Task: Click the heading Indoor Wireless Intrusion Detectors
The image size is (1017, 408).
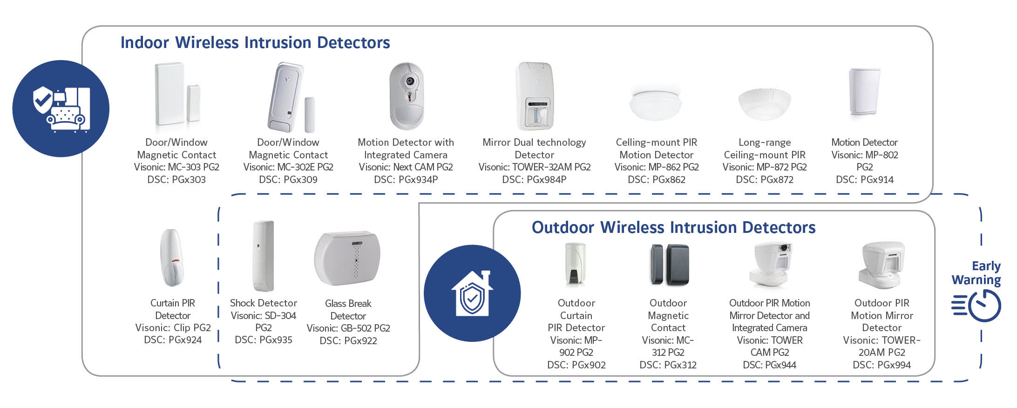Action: point(255,42)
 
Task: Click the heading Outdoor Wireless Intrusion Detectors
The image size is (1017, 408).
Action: point(673,227)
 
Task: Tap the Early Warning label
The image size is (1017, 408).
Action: point(976,273)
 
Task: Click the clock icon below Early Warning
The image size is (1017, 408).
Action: point(976,306)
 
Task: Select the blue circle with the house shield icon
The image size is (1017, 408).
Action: point(472,293)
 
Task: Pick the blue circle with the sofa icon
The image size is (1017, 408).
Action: point(61,109)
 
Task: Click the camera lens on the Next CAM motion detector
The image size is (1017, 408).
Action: point(409,81)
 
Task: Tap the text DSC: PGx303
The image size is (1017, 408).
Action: point(176,179)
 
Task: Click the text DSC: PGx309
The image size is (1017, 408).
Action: point(288,179)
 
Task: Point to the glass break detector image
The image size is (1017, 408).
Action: point(347,258)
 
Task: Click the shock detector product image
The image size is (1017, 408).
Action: point(263,256)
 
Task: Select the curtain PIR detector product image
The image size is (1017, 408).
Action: point(172,257)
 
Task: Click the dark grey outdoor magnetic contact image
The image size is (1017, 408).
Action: point(669,265)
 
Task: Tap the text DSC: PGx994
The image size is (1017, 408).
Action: point(881,365)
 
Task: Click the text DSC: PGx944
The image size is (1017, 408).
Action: point(769,365)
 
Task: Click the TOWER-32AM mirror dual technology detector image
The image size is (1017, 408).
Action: point(535,96)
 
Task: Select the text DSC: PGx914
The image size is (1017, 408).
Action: point(865,179)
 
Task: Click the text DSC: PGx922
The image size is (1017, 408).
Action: point(348,340)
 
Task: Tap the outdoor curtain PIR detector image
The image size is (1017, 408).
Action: point(576,263)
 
